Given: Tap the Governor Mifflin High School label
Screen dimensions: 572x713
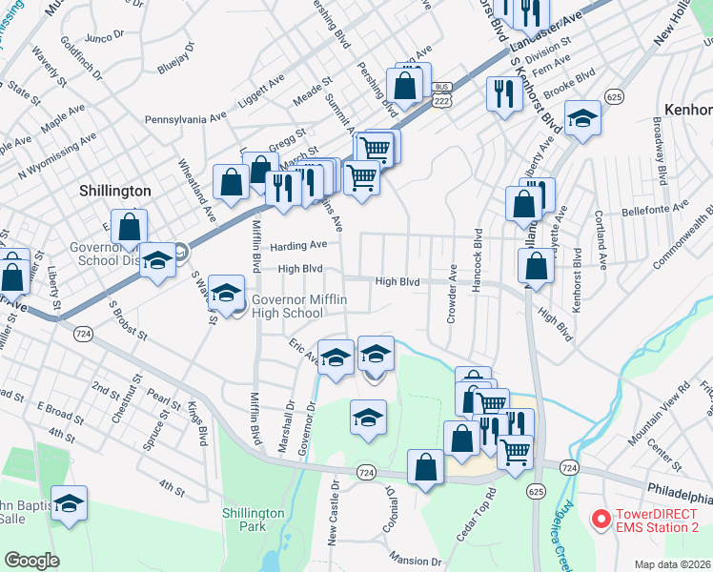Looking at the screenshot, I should [x=286, y=307].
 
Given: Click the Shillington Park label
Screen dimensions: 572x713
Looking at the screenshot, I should [x=254, y=520].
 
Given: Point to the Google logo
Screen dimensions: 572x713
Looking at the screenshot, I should [x=31, y=561].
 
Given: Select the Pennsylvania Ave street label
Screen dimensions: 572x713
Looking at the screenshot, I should [x=187, y=120].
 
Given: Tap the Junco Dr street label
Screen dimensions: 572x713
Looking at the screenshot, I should [x=105, y=36].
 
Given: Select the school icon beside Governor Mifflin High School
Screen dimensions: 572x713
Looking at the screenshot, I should [x=226, y=294].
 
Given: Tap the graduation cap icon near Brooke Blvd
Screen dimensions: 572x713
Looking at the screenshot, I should [x=582, y=119].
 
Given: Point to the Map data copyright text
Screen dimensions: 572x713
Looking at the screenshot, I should [x=672, y=563].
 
